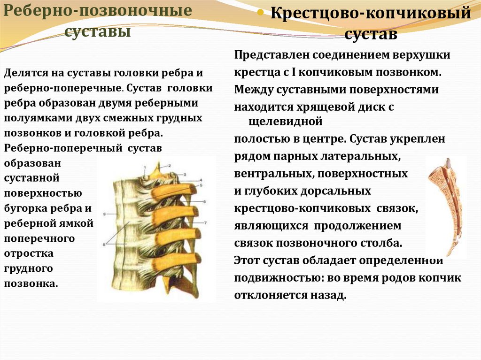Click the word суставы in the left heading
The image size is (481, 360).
pyautogui.click(x=97, y=32)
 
